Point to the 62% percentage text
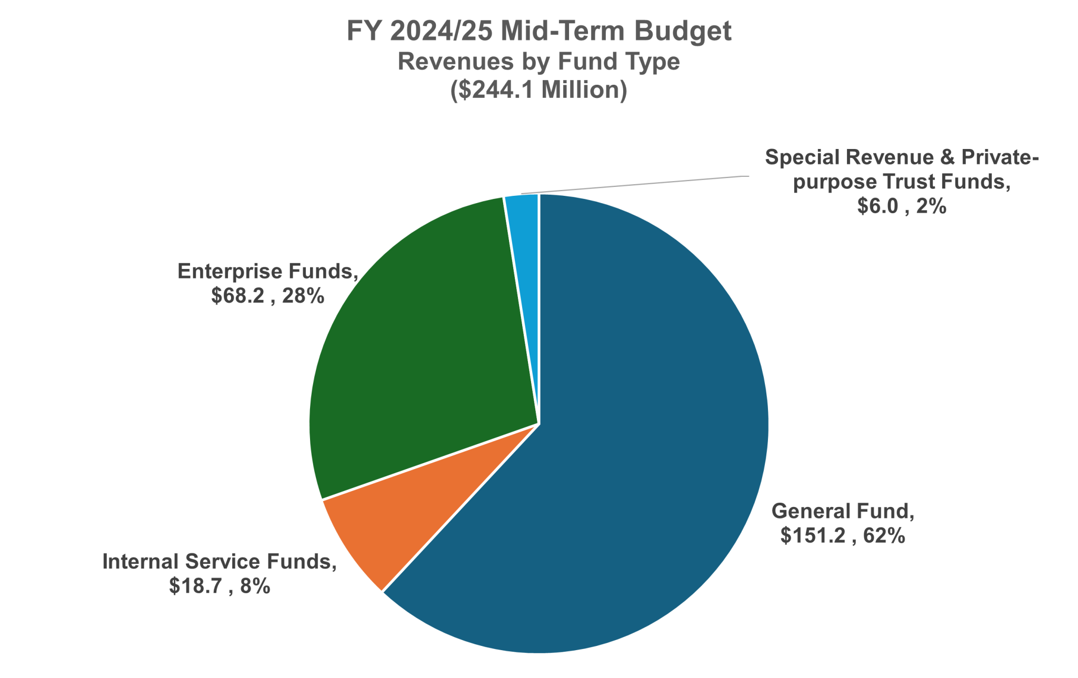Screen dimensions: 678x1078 (x=884, y=536)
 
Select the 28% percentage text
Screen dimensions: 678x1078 (x=303, y=296)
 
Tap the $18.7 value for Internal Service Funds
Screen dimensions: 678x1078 (x=195, y=586)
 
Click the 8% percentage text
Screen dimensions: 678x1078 (x=255, y=586)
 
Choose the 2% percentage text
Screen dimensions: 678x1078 (x=931, y=206)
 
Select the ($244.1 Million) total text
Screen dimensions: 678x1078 (x=538, y=90)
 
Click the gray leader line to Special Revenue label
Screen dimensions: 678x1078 (x=632, y=185)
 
